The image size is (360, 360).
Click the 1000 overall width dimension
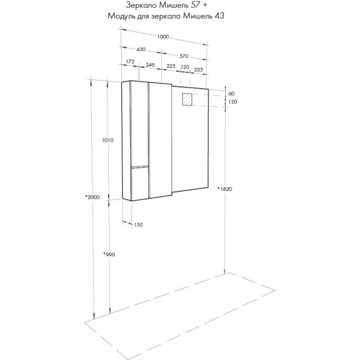click(x=163, y=37)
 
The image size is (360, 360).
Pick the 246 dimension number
click(x=150, y=65)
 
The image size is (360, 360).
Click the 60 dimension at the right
click(x=231, y=94)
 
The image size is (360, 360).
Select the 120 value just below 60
click(x=232, y=103)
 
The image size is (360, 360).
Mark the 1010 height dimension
click(x=108, y=140)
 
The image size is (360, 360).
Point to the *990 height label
click(x=108, y=254)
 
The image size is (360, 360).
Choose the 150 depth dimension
click(x=138, y=224)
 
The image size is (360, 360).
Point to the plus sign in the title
click(x=207, y=5)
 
